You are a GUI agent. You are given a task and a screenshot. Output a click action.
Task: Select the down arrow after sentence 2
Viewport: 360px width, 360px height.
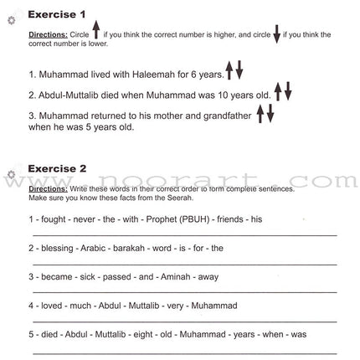[x=289, y=90]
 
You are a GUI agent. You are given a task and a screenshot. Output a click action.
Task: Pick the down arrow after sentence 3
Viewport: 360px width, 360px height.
[x=270, y=113]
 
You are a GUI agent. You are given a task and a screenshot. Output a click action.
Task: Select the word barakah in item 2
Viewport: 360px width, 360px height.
[x=132, y=248]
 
